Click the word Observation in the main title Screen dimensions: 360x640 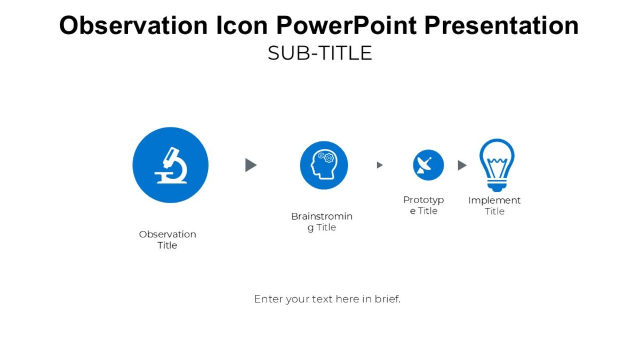[133, 26]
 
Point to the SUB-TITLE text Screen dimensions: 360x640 [319, 53]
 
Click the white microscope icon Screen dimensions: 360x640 [171, 165]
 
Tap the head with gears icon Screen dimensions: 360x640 [323, 165]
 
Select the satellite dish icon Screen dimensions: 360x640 [428, 165]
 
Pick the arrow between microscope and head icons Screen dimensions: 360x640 [251, 165]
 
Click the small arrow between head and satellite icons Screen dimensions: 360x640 [380, 165]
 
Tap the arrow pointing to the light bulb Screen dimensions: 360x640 [462, 165]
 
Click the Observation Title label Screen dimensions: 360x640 [167, 239]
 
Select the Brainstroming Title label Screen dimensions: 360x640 [322, 222]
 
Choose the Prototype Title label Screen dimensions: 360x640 [423, 205]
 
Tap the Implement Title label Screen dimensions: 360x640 [494, 206]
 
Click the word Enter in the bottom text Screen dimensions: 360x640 [268, 299]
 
